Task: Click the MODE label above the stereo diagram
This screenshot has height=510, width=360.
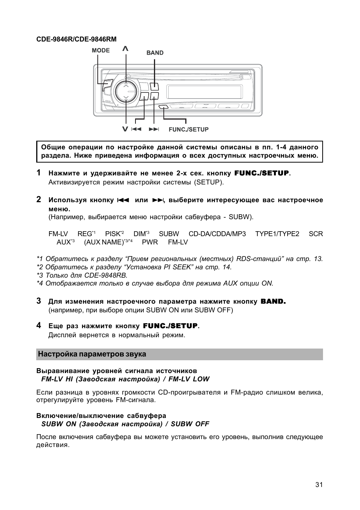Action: pyautogui.click(x=101, y=51)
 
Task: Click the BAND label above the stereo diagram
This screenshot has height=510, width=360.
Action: pyautogui.click(x=155, y=53)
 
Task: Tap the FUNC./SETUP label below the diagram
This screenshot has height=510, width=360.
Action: pyautogui.click(x=188, y=129)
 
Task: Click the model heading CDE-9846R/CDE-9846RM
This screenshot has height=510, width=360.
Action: pyautogui.click(x=76, y=39)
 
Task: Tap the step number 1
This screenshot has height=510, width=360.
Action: pyautogui.click(x=39, y=173)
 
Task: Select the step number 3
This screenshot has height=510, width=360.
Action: pyautogui.click(x=39, y=301)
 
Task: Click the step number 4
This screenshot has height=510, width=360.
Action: pyautogui.click(x=39, y=325)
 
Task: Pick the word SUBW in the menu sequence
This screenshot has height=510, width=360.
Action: pyautogui.click(x=169, y=234)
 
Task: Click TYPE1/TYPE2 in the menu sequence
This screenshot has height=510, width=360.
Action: pyautogui.click(x=277, y=234)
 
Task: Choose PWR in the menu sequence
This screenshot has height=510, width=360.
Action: pyautogui.click(x=150, y=242)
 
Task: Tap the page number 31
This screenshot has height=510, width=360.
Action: pyautogui.click(x=319, y=485)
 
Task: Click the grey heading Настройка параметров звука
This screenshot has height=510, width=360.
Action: pyautogui.click(x=91, y=354)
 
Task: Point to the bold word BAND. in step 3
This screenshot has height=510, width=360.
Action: pyautogui.click(x=273, y=301)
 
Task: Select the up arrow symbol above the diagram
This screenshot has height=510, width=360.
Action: pyautogui.click(x=125, y=49)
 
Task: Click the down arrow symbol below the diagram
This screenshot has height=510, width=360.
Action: pyautogui.click(x=125, y=129)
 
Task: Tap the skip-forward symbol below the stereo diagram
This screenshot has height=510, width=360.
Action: pyautogui.click(x=154, y=129)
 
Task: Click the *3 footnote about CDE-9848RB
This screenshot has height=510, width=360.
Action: pyautogui.click(x=82, y=275)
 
